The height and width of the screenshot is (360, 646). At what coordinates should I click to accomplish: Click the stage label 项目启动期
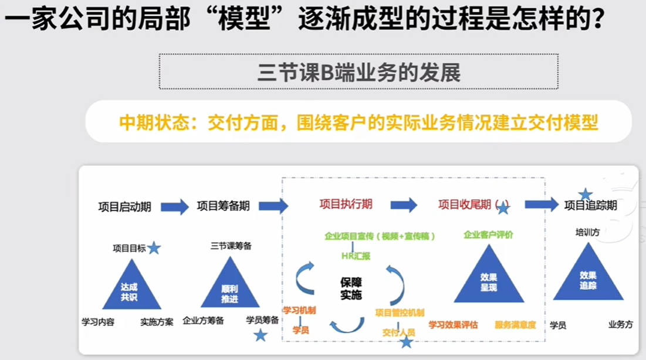coord(124,206)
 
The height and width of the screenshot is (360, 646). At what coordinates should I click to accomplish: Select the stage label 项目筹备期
coord(223,206)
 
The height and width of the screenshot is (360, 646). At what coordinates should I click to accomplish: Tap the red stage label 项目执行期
coord(346,204)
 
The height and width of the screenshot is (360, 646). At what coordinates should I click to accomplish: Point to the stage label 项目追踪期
coord(590,205)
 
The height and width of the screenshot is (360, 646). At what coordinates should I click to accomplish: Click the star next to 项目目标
coord(154,248)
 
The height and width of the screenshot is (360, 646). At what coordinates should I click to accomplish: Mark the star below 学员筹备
coord(260,335)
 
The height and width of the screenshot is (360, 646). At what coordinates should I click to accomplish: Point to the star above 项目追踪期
coord(585,194)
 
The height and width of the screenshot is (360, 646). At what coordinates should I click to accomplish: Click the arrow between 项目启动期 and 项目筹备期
coord(174,206)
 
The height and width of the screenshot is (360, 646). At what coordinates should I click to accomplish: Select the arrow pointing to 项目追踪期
coord(541,204)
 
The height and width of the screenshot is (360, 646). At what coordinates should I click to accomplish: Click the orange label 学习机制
coord(299,310)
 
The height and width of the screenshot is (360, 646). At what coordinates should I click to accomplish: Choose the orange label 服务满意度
coord(515,324)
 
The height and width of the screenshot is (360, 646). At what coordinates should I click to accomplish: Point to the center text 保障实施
coord(351,288)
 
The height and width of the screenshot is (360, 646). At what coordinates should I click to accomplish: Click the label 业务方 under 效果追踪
coord(620,324)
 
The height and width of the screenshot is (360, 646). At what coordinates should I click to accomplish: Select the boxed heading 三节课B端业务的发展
coord(358,72)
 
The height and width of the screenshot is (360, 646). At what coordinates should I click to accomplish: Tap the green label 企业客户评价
coord(488,235)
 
